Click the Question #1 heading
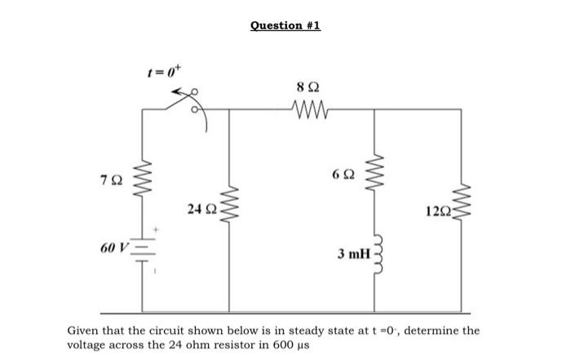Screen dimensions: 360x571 pos(285,26)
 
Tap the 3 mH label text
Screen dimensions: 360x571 pos(352,255)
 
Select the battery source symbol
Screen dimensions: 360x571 pos(144,249)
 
